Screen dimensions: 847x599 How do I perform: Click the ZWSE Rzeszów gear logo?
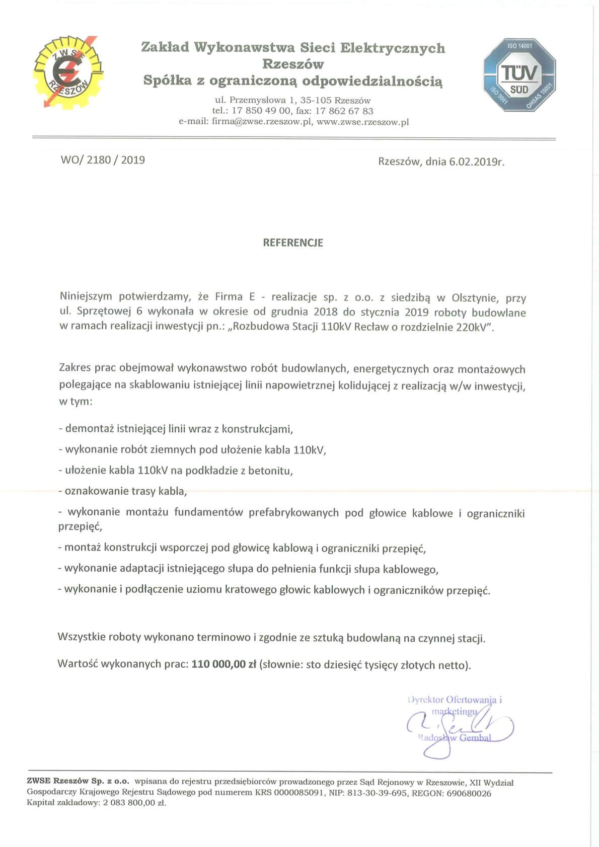coord(68,71)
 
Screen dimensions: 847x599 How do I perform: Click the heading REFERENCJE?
coord(293,243)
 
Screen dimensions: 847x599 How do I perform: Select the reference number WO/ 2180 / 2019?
coord(103,160)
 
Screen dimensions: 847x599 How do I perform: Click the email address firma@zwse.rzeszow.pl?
coord(262,122)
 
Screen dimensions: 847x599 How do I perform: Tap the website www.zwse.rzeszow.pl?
coord(362,122)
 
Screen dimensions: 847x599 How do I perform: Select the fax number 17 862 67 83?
coord(344,111)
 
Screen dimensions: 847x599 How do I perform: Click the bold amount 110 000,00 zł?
coord(224,664)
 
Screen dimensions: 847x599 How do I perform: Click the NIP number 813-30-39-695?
coord(378,793)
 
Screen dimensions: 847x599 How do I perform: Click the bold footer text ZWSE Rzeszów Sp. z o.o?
coord(78,782)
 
